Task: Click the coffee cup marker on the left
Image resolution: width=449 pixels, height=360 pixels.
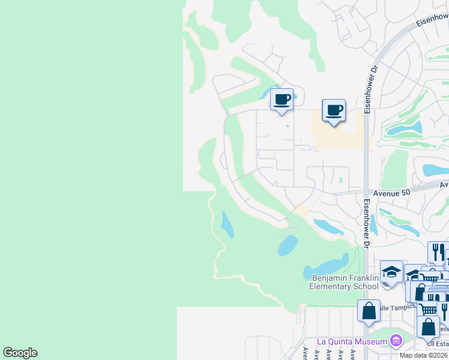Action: tap(281, 99)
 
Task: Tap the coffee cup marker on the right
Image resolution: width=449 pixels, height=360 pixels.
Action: tap(334, 110)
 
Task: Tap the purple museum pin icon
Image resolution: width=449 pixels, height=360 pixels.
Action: tap(396, 341)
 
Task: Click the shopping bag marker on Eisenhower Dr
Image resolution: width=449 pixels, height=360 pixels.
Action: tap(369, 310)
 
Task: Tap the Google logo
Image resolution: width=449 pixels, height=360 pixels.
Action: tap(20, 353)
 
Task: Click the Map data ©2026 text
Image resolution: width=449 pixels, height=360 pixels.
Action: tap(424, 355)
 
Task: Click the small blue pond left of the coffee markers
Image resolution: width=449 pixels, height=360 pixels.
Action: tap(265, 94)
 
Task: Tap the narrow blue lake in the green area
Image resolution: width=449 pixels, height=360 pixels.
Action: tap(227, 225)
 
